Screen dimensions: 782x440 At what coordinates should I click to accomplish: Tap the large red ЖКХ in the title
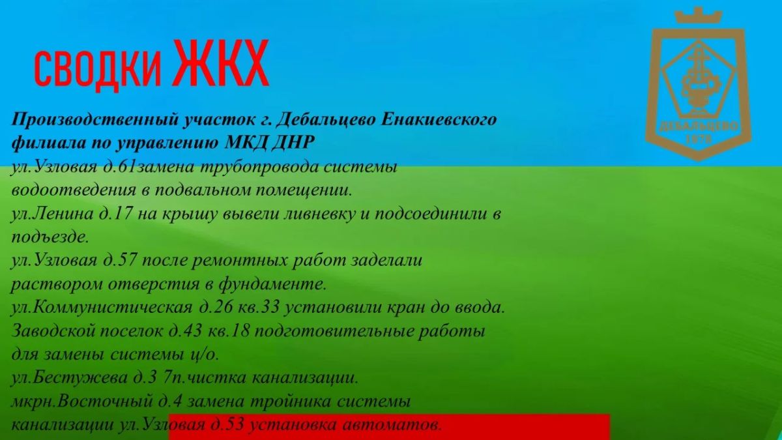click(221, 63)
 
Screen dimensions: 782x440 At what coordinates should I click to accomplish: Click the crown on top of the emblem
click(698, 16)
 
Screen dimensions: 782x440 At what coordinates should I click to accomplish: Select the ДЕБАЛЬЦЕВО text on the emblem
click(699, 126)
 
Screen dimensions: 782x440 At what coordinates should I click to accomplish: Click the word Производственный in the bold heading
click(96, 120)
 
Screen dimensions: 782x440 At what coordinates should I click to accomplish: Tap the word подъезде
click(50, 237)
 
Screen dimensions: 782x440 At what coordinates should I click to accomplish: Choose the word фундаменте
click(272, 284)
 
